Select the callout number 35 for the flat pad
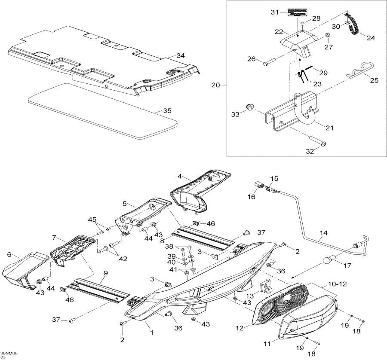pos(168,110)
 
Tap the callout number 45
pos(92,220)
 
